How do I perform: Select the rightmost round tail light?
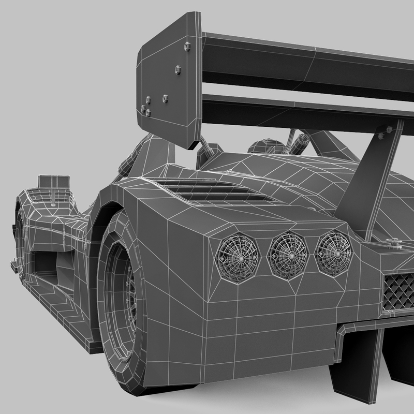333,252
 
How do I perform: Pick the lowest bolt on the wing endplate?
147,112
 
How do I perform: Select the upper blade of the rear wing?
310,60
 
